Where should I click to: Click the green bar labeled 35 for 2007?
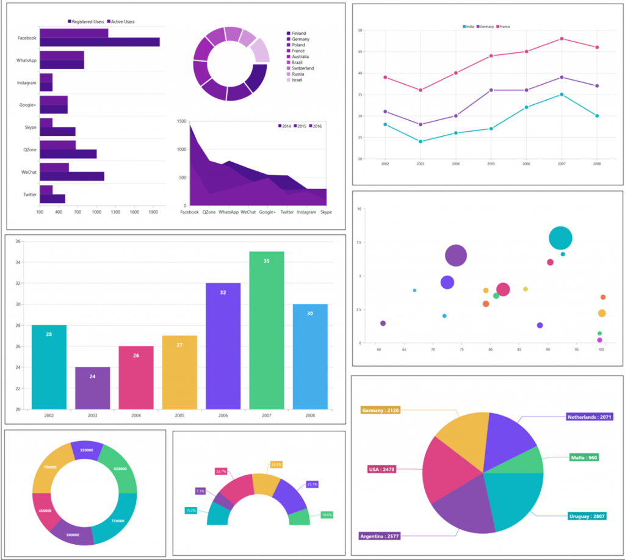tap(266, 329)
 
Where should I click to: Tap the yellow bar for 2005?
tap(179, 372)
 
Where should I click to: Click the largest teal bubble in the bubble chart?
tap(560, 238)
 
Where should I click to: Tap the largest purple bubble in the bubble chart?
tap(456, 256)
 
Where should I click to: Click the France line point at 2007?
tap(562, 38)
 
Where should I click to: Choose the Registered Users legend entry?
tap(86, 22)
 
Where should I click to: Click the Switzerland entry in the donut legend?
tap(303, 68)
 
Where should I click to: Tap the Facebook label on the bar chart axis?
tap(27, 38)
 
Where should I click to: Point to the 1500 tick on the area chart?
tap(181, 121)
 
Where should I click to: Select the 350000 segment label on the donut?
tap(86, 450)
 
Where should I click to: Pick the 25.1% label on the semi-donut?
tap(312, 484)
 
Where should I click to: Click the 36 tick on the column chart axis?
tap(18, 242)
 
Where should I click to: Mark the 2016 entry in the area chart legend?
tap(315, 126)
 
